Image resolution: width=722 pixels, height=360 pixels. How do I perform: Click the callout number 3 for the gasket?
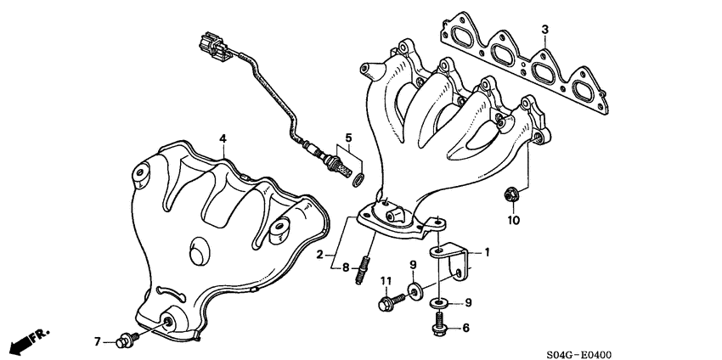544,30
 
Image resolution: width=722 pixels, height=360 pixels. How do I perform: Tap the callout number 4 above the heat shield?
222,138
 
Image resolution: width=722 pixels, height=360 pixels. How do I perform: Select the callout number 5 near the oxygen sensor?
347,137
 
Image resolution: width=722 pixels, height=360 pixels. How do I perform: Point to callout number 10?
512,221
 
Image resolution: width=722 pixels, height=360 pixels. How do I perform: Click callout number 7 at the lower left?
98,341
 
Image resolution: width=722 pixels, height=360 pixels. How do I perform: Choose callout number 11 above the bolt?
384,281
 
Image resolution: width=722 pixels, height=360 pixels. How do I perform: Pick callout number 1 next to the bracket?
488,252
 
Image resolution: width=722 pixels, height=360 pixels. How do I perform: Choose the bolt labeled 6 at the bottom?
440,324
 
